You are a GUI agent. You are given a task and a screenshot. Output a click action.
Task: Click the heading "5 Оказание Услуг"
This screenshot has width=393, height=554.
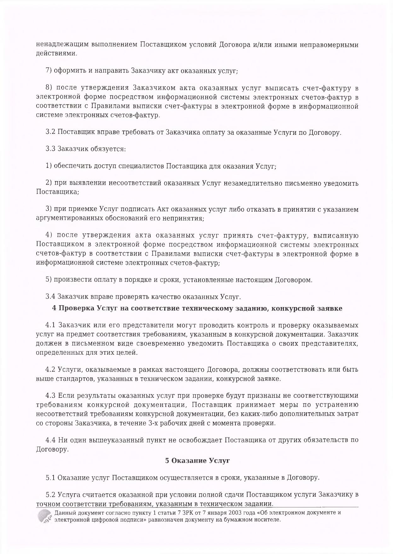tap(197, 461)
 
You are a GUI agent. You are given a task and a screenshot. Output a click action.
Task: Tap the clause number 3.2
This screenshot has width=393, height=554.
tap(50, 132)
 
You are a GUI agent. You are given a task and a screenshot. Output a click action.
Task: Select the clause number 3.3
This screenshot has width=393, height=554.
tap(50, 149)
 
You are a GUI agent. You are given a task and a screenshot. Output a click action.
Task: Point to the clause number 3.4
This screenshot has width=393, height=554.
tap(50, 297)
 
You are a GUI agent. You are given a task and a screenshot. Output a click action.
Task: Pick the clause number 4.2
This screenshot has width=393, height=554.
tap(50, 369)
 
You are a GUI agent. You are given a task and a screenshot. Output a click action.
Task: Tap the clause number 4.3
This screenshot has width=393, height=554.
tap(50, 396)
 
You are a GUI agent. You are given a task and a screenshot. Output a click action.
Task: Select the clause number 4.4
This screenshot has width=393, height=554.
tap(50, 440)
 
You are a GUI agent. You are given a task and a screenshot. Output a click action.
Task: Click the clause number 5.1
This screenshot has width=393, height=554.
tap(50, 478)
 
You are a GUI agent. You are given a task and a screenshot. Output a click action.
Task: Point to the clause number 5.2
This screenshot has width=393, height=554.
tap(50, 494)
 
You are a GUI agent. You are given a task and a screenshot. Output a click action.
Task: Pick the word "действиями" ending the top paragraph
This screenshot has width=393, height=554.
tap(56, 53)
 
